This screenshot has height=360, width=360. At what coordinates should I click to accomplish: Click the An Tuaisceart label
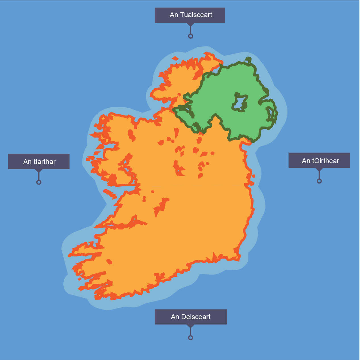(x=190, y=15)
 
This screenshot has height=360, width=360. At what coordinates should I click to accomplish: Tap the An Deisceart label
(x=191, y=317)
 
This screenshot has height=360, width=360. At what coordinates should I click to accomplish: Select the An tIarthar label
(x=39, y=161)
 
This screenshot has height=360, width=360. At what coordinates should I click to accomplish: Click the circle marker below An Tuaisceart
(x=191, y=36)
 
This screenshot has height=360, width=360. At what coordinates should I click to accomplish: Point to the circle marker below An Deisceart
(x=191, y=338)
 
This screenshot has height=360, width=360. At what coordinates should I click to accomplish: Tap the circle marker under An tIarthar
(x=39, y=182)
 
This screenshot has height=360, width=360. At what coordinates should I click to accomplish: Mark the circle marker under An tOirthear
(x=319, y=181)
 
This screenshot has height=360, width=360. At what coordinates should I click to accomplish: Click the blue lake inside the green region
(x=240, y=103)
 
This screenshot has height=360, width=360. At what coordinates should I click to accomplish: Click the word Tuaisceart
(x=196, y=15)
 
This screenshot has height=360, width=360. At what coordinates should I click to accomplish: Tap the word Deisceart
(x=196, y=317)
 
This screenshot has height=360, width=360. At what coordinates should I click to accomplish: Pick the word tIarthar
(x=45, y=162)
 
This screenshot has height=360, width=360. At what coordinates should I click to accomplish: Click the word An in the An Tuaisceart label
(x=174, y=15)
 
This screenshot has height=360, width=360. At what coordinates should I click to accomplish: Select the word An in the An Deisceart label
(x=175, y=317)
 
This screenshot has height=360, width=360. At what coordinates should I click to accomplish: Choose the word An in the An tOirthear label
(x=306, y=161)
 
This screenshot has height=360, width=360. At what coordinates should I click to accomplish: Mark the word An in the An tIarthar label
(x=28, y=162)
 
